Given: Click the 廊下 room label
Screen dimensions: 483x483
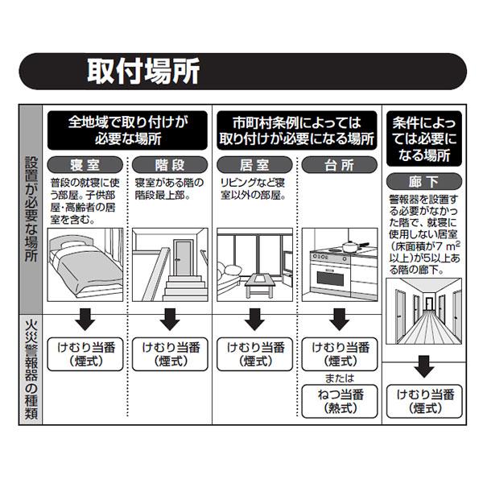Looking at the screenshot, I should [424, 178].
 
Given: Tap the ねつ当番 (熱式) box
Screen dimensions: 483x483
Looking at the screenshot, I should [340, 401].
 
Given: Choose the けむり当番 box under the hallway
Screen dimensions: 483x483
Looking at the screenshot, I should [424, 401].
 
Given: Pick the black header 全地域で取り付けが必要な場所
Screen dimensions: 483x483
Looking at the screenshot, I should [127, 129].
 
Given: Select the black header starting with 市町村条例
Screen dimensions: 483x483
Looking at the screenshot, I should [296, 129].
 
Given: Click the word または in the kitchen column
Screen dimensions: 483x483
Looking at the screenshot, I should [339, 377].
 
